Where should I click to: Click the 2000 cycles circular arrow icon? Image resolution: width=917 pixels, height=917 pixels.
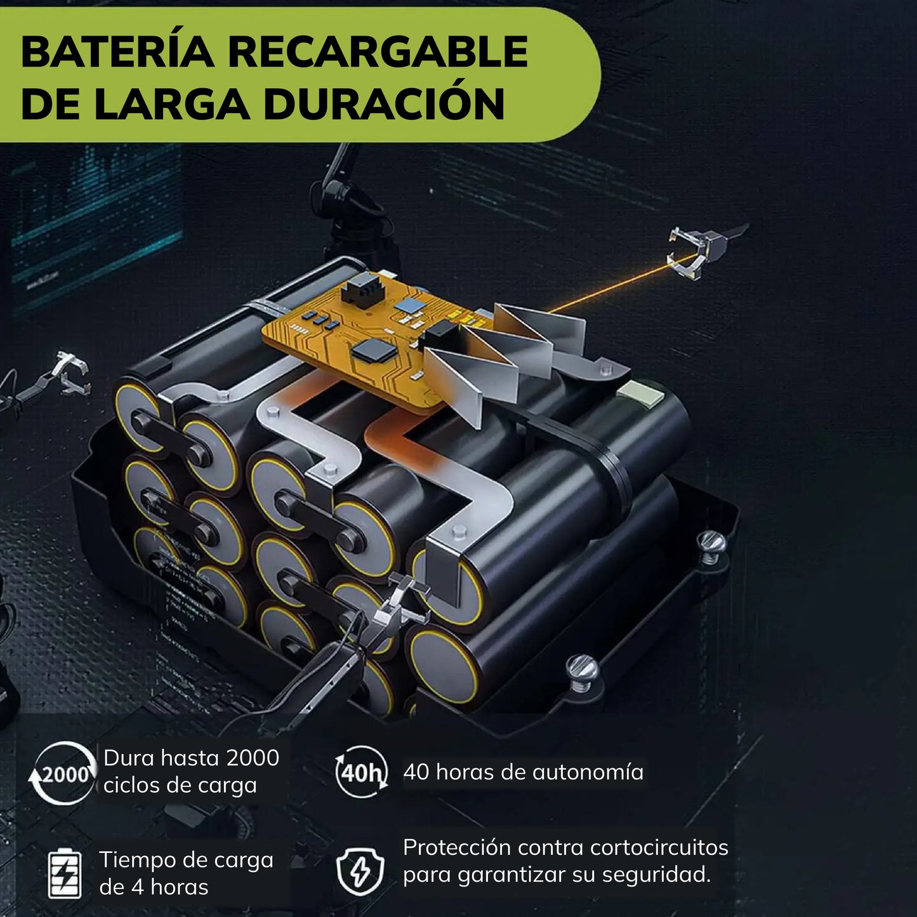pos(62,773)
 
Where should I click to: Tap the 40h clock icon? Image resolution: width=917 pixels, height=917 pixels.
pos(360,772)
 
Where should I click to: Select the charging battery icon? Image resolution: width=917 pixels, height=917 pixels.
pos(65,873)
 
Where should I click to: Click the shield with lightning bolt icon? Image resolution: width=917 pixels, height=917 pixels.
pos(360,871)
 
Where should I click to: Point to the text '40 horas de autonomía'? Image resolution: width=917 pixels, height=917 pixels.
pos(523,772)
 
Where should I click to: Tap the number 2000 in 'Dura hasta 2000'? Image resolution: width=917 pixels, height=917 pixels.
pos(252,758)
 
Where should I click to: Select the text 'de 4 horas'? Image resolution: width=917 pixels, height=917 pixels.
pos(154,887)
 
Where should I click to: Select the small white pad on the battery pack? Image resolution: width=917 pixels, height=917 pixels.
pos(633,392)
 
